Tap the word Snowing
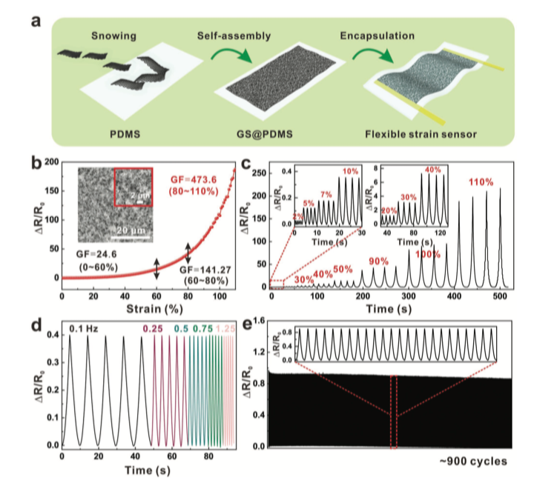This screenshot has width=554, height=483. [113, 36]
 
